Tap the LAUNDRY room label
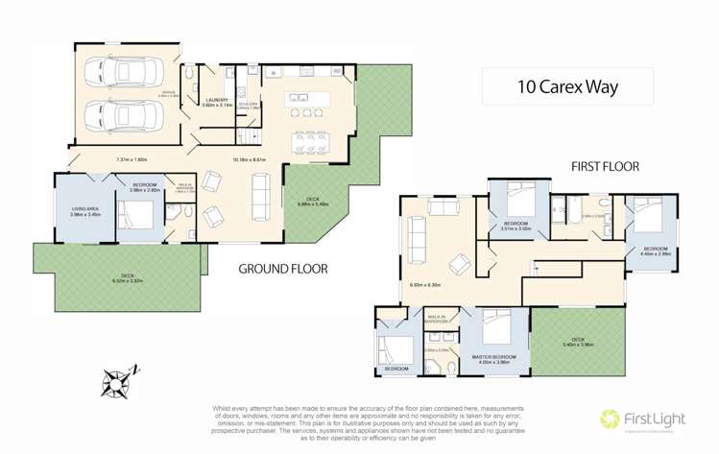(x=216, y=100)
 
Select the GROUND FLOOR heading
(x=282, y=270)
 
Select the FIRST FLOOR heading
(x=605, y=166)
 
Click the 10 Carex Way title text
(x=567, y=86)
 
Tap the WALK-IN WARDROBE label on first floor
(x=442, y=318)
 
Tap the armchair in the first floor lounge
(x=462, y=261)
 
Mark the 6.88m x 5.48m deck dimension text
(x=314, y=203)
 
